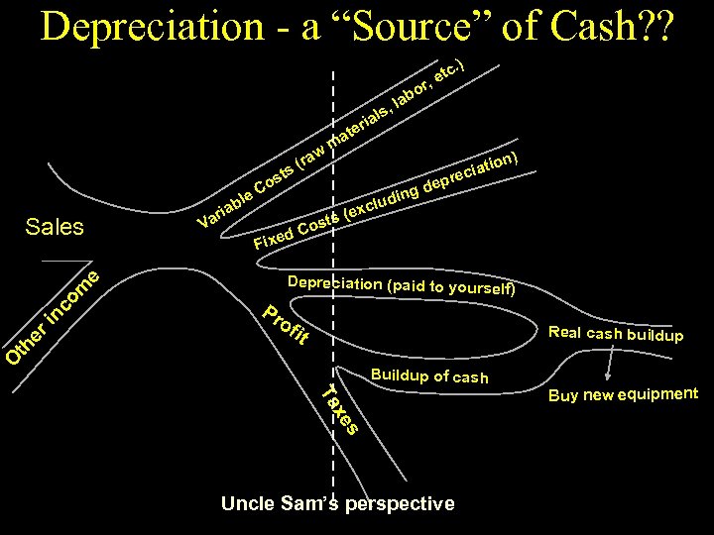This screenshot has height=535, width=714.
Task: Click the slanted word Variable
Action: pyautogui.click(x=223, y=204)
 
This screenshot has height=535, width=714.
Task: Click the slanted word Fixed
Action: pyautogui.click(x=274, y=239)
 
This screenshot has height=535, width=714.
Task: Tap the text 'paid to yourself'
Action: pyautogui.click(x=452, y=288)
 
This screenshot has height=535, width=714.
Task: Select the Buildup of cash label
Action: pyautogui.click(x=428, y=376)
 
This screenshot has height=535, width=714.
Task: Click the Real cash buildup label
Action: pyautogui.click(x=615, y=334)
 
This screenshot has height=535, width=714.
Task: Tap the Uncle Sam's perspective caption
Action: pyautogui.click(x=337, y=503)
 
